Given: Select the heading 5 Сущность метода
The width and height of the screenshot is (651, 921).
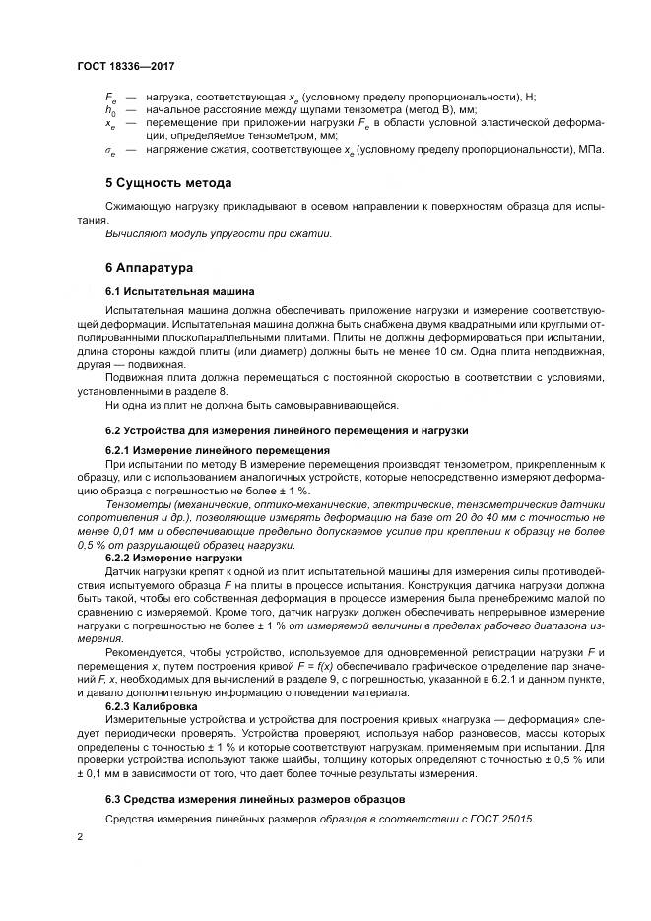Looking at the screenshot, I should tap(168, 183).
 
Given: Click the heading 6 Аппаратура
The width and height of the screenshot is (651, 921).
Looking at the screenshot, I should tap(150, 267).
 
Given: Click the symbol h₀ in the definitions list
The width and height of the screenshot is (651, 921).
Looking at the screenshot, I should tap(110, 110).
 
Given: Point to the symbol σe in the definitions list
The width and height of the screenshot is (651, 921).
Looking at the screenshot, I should tap(110, 150).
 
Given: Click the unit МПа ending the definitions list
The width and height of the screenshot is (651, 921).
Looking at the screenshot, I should tap(592, 149).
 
